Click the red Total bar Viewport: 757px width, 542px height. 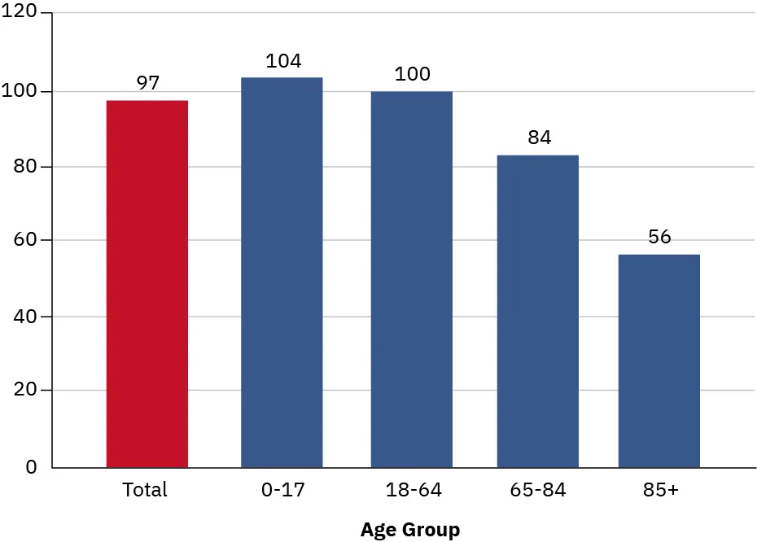tap(147, 284)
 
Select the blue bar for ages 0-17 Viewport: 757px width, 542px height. tap(282, 273)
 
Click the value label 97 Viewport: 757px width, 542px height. tap(147, 83)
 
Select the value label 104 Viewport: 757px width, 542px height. tap(283, 61)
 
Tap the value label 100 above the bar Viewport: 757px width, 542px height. tap(412, 74)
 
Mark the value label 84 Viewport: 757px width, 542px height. tap(539, 138)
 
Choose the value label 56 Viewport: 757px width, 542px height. tap(659, 238)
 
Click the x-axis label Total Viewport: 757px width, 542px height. tap(145, 490)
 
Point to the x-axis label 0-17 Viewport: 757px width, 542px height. tap(281, 490)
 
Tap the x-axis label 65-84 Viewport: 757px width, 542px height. tap(538, 490)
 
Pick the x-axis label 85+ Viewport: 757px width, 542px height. tap(659, 490)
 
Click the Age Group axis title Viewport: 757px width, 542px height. tap(410, 531)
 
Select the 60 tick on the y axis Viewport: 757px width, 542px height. tap(24, 241)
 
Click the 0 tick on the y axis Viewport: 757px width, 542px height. tap(31, 468)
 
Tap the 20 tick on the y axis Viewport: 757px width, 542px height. tap(24, 391)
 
